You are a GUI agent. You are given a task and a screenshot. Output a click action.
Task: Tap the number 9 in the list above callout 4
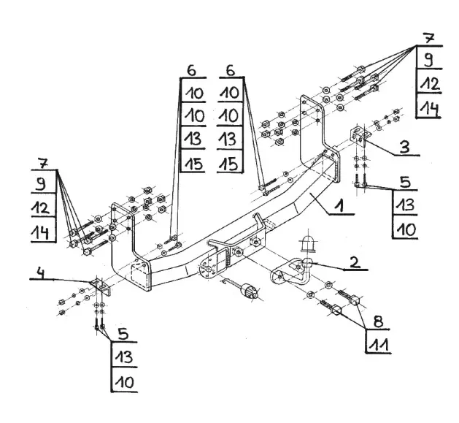point(43,183)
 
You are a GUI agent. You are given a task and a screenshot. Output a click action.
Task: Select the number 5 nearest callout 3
point(406,180)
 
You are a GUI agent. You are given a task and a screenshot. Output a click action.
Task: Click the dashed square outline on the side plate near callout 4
point(136,275)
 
